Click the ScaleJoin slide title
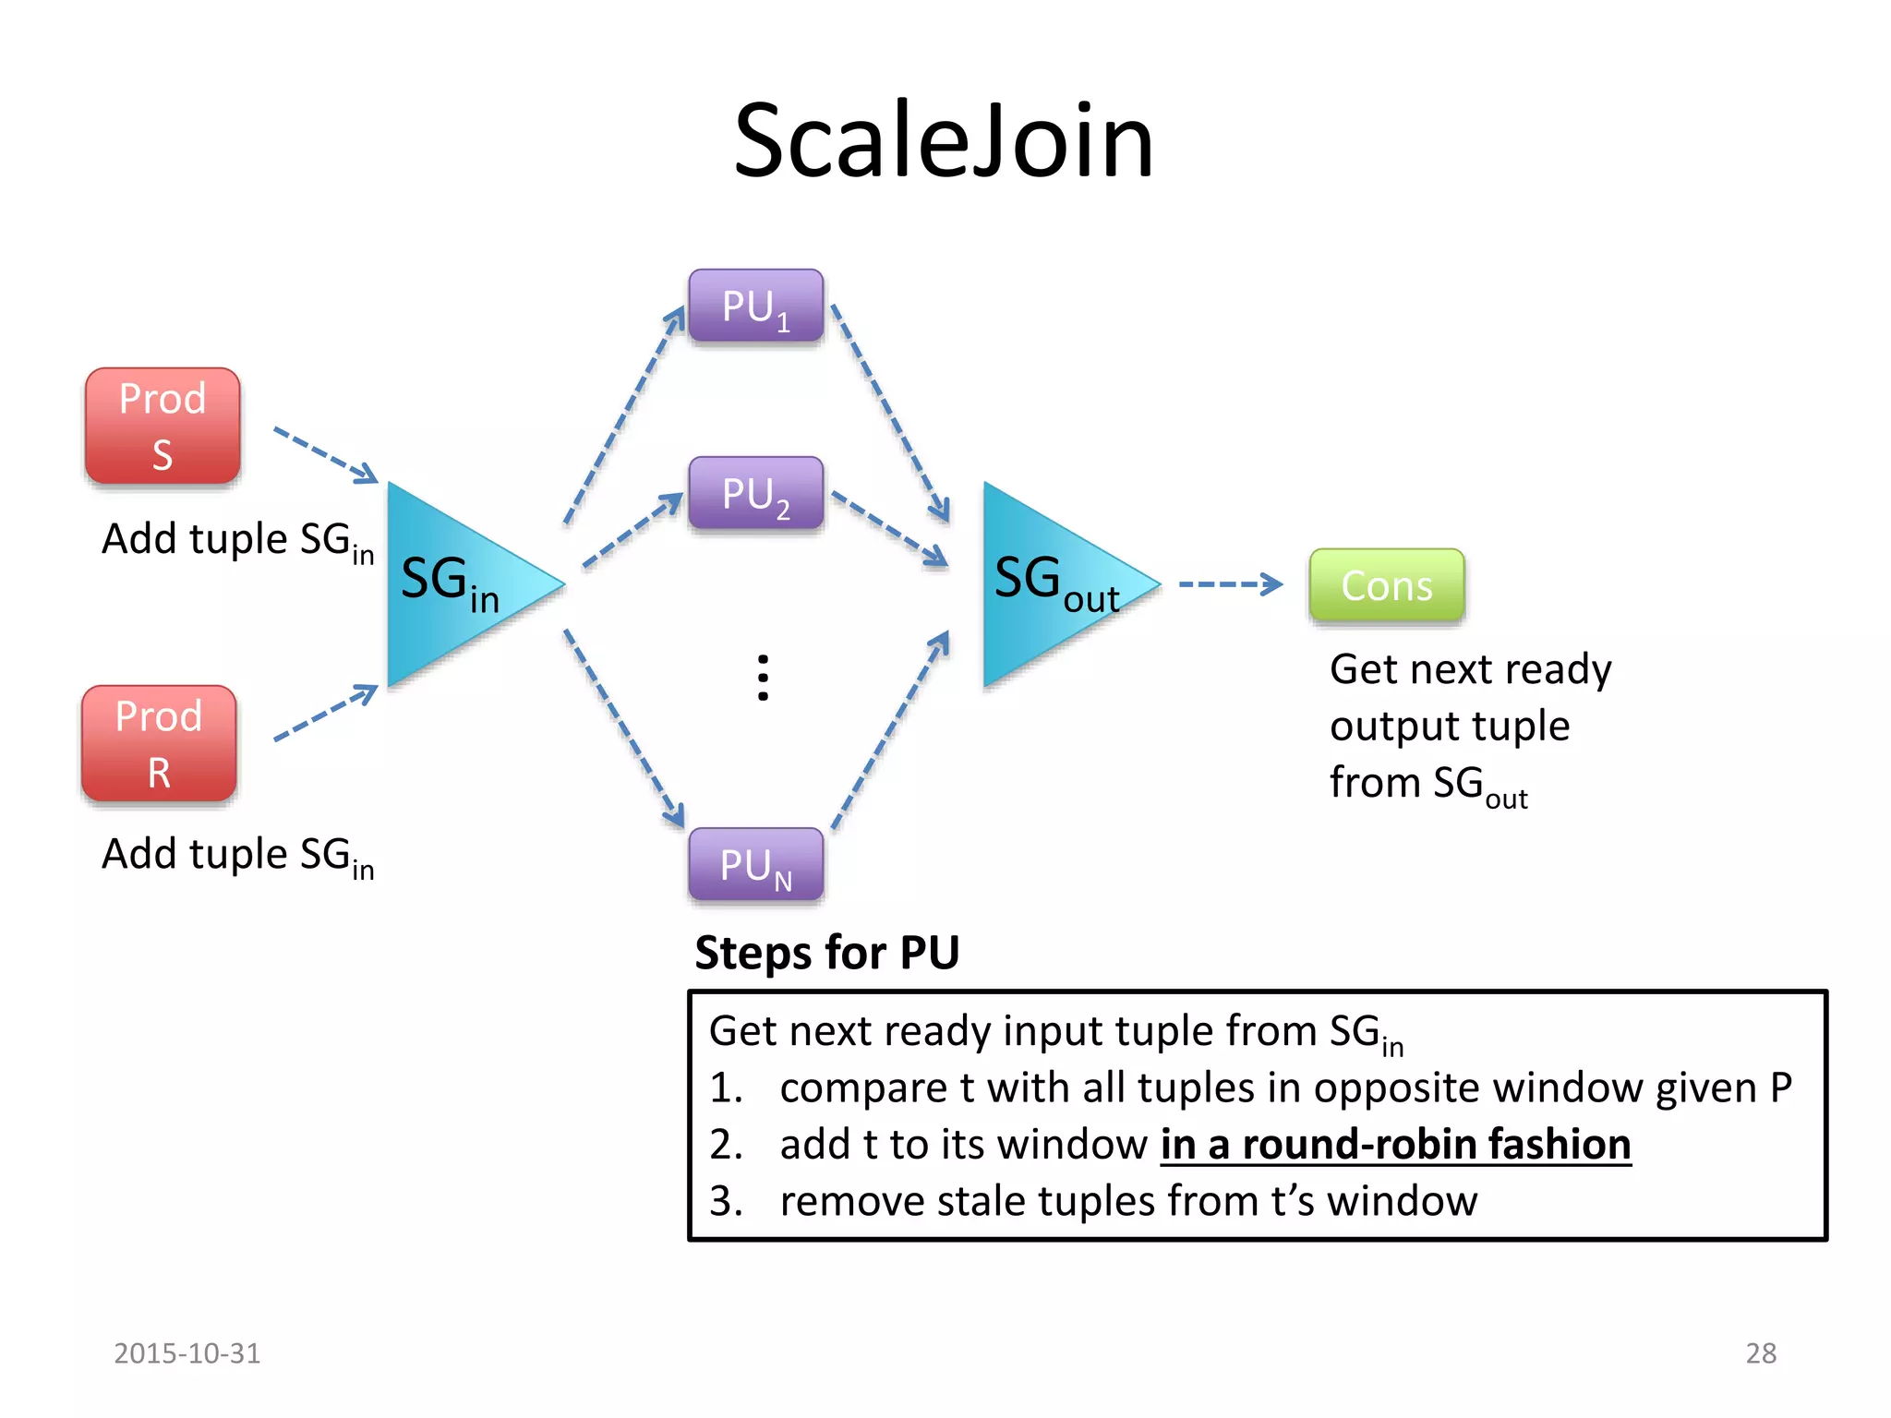[x=944, y=141]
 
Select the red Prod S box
[x=163, y=427]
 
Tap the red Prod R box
[x=159, y=744]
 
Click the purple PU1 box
[x=755, y=306]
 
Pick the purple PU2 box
[x=755, y=494]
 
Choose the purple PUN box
[x=755, y=865]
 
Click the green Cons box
[x=1386, y=585]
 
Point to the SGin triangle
[x=452, y=584]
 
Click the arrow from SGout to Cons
[x=1230, y=584]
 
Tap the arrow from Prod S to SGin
[x=325, y=454]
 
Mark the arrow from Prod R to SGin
[x=325, y=713]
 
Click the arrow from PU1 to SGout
[x=890, y=412]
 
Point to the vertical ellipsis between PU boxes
[x=763, y=679]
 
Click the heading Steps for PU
[x=826, y=953]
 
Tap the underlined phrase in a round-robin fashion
[x=1395, y=1145]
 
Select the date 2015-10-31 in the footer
[x=187, y=1353]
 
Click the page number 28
[x=1761, y=1353]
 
